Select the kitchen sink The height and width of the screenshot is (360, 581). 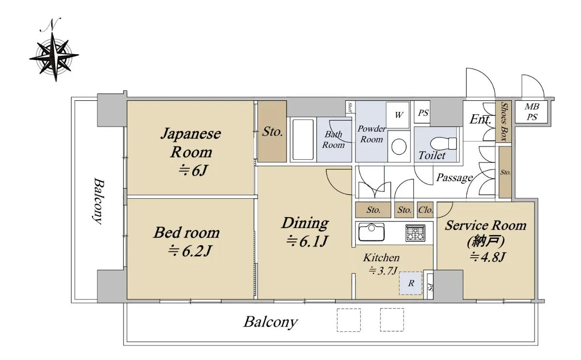[371, 232]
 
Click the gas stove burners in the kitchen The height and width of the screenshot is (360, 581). [415, 233]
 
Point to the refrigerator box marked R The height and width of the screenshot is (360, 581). [411, 283]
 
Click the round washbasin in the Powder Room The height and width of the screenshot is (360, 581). [398, 147]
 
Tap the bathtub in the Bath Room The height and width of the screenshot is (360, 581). [303, 140]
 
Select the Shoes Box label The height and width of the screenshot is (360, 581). [504, 122]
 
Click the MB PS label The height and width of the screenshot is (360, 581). [532, 112]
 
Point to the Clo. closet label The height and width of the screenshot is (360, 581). [425, 210]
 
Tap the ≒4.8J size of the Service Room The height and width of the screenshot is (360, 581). [488, 257]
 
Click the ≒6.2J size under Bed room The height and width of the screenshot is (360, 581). [190, 251]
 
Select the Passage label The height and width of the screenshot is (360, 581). [454, 178]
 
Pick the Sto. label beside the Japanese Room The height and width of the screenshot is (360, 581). [272, 132]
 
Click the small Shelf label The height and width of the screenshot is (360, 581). [350, 108]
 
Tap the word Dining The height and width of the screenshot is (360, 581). [306, 223]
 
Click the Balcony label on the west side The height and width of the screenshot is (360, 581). [99, 201]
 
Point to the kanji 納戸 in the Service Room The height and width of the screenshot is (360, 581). [486, 241]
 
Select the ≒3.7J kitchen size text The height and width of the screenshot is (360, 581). [383, 271]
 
